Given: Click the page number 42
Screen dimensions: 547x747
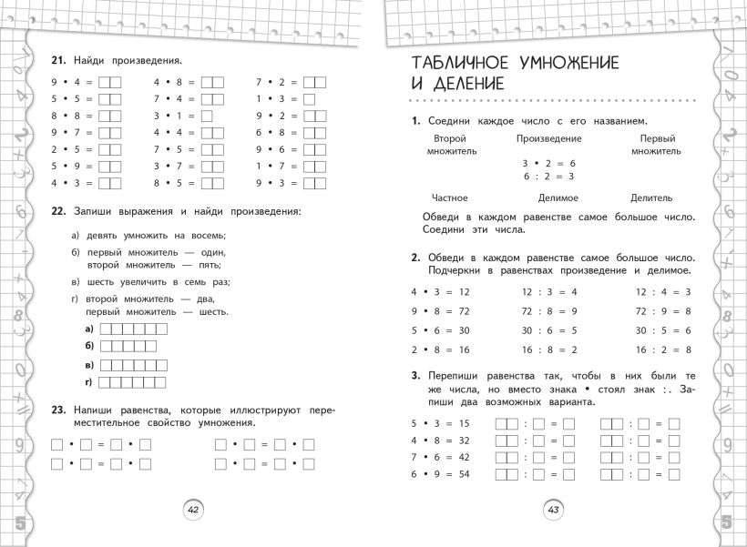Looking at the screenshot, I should pos(192,510).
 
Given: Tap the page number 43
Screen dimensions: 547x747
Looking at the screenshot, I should pos(552,510).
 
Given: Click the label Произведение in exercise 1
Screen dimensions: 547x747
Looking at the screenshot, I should pos(548,138).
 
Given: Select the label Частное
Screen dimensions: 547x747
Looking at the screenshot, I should pos(448,198).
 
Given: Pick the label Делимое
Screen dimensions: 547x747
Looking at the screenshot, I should pos(558,198).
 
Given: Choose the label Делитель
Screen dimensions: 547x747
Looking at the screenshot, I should pos(651,198).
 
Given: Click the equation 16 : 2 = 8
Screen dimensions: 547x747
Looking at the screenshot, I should pos(662,349).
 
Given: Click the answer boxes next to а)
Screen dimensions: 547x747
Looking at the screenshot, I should pos(133,329).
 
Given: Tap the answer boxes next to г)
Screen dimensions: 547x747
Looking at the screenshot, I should pos(133,380).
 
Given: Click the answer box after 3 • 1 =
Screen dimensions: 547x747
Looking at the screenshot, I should pos(206,116).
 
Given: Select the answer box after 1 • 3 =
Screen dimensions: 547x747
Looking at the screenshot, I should pos(309,99).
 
